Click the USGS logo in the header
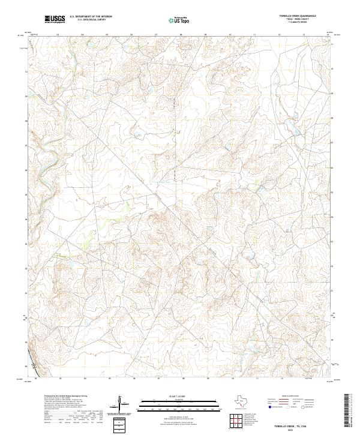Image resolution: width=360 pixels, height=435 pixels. click(x=53, y=20)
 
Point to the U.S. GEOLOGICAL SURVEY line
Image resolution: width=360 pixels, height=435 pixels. click(x=90, y=21)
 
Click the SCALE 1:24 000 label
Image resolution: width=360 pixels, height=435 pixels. click(x=180, y=394)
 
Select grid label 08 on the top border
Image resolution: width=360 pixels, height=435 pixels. click(x=181, y=35)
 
